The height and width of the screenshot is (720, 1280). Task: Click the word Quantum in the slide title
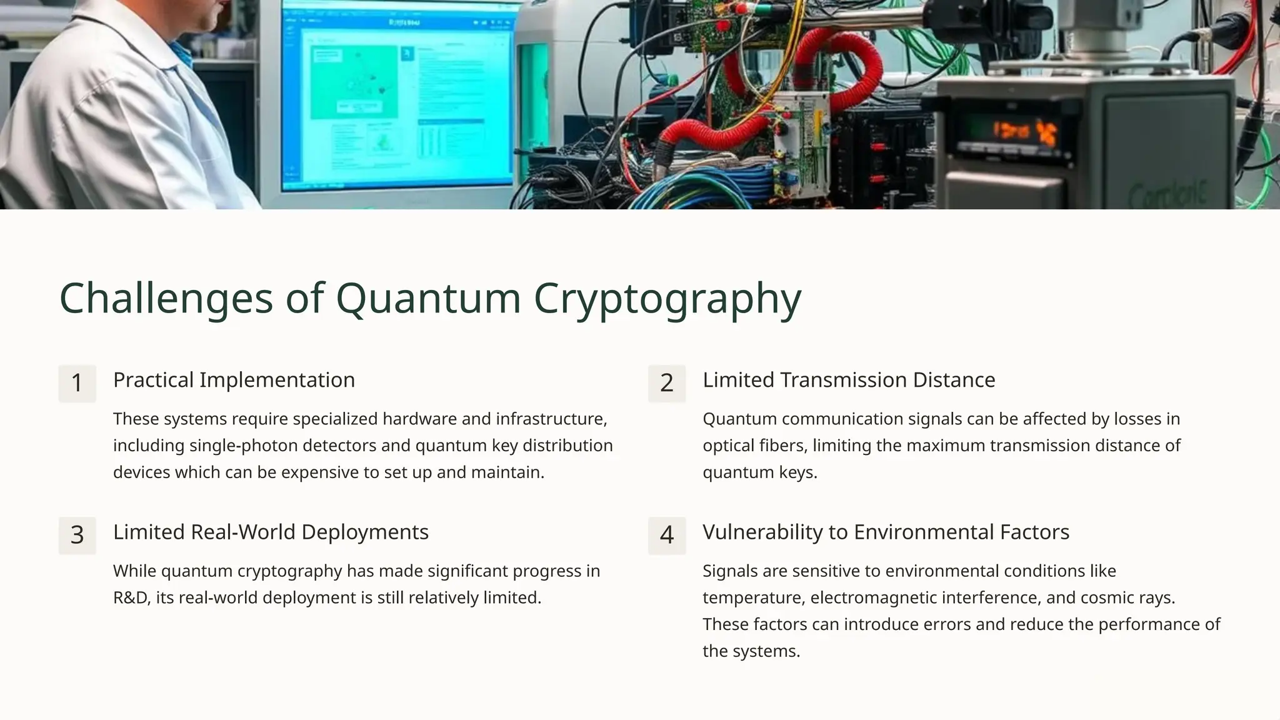coord(428,298)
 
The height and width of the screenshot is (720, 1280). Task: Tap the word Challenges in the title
coord(166,298)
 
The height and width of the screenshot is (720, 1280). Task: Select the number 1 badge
coord(77,383)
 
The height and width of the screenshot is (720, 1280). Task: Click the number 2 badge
coord(666,383)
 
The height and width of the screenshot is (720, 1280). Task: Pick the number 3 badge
coord(77,535)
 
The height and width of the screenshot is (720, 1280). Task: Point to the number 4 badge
coord(666,535)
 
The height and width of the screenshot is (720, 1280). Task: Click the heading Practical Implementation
coord(234,380)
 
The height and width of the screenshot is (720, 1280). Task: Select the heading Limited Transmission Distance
coord(848,380)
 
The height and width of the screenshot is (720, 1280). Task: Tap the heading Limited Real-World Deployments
coord(271,532)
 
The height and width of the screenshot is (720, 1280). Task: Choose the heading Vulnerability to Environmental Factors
coord(886,532)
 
